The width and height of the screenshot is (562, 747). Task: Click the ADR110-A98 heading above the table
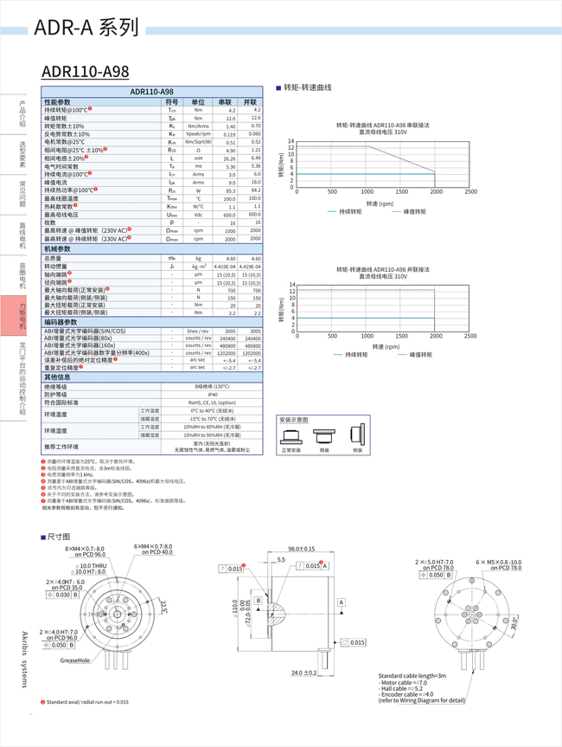coord(85,71)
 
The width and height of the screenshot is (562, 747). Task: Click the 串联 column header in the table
coord(226,102)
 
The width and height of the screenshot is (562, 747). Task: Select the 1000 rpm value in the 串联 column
coord(230,231)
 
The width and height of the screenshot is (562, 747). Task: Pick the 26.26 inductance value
coord(229,158)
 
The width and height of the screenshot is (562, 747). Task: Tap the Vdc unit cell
coord(198,215)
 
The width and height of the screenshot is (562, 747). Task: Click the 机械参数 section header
coord(64,249)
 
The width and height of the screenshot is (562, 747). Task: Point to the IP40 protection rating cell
coord(212,394)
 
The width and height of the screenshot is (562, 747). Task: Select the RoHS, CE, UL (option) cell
coord(212,402)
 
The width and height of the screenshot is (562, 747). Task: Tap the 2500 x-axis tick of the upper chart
coord(470,191)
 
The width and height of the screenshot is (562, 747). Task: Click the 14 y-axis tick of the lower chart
coord(292,285)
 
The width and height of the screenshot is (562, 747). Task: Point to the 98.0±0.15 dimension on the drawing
coord(302,549)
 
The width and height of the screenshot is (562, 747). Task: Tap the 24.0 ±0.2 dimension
coord(303,673)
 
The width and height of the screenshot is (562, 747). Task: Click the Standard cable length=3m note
coord(412,675)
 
